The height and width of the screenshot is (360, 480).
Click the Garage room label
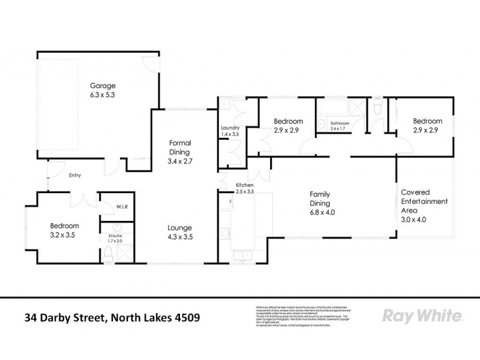pyautogui.click(x=103, y=85)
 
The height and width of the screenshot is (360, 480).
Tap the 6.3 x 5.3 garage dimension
pyautogui.click(x=103, y=94)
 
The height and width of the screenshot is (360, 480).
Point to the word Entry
pyautogui.click(x=75, y=176)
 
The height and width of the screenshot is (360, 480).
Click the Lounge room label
pyautogui.click(x=180, y=228)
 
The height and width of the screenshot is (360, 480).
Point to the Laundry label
pyautogui.click(x=230, y=128)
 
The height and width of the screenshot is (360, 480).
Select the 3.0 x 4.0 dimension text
pyautogui.click(x=424, y=220)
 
